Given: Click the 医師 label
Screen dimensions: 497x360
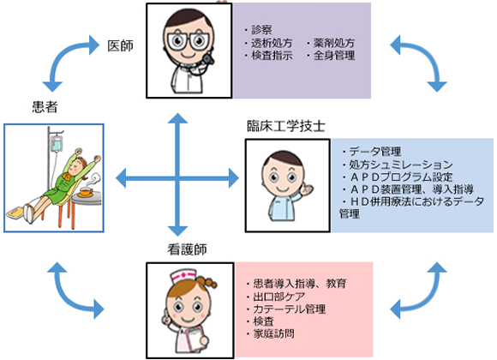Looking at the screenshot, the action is click(x=120, y=46).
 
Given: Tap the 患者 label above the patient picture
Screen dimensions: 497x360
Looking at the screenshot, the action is click(x=45, y=107).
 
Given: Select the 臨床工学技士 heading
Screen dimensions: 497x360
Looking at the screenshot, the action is click(x=286, y=126).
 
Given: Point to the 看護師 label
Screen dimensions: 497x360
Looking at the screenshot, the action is click(x=188, y=249).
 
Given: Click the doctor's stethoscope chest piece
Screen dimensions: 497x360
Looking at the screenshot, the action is click(x=207, y=58).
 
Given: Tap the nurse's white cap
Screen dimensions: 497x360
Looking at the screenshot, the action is click(x=183, y=277).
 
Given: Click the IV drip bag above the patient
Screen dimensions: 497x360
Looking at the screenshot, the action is click(x=57, y=143).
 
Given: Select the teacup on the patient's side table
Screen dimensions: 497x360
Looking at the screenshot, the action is click(x=87, y=192).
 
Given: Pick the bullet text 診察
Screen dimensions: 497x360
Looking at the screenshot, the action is click(x=262, y=30).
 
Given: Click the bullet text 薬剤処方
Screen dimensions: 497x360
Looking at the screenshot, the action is click(x=334, y=43).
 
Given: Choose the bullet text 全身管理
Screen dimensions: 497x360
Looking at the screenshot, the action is click(x=334, y=56).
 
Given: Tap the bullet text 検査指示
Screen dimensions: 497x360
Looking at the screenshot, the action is click(x=272, y=56).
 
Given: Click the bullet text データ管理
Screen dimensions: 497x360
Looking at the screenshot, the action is click(x=375, y=152).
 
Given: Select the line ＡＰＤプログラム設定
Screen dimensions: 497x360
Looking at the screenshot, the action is click(x=401, y=177).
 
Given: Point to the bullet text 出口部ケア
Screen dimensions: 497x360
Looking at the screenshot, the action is click(x=279, y=297).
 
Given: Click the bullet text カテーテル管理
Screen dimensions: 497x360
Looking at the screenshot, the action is click(x=289, y=309).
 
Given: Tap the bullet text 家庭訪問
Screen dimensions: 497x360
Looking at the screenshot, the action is click(x=273, y=333).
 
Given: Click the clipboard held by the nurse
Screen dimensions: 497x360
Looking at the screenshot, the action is click(x=195, y=339).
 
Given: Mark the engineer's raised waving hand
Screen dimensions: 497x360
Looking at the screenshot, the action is click(x=307, y=189).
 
